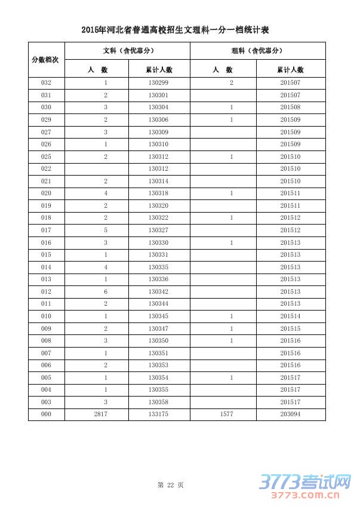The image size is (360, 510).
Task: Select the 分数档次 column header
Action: coord(46,60)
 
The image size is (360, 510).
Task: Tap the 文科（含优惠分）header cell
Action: coord(127,51)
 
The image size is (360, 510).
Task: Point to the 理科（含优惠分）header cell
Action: coord(257,51)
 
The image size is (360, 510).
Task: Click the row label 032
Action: coord(46,83)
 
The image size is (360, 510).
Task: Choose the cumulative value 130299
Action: coord(158,83)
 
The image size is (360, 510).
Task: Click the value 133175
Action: coord(158,414)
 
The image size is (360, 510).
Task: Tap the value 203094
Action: coord(290,414)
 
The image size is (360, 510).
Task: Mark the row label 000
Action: coord(46,414)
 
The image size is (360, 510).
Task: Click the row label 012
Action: coord(46,291)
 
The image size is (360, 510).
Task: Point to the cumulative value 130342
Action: coord(158,291)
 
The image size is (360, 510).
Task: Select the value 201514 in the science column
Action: coord(290,317)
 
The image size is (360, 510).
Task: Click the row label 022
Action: coord(46,169)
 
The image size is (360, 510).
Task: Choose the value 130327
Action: coord(158,231)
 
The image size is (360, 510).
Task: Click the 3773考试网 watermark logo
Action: coord(304,485)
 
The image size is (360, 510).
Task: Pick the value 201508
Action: coord(290,107)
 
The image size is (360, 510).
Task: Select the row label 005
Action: coord(46,378)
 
